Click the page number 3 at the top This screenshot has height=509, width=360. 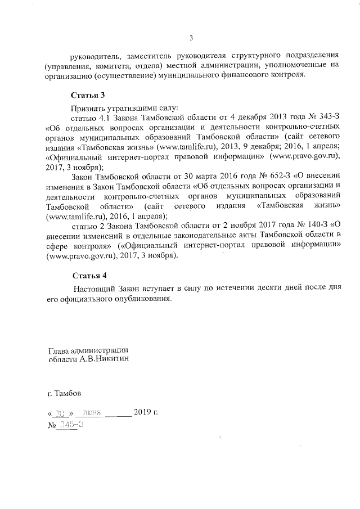pos(191,38)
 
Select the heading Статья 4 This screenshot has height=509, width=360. pos(88,276)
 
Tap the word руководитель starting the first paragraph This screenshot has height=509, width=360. pos(93,56)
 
